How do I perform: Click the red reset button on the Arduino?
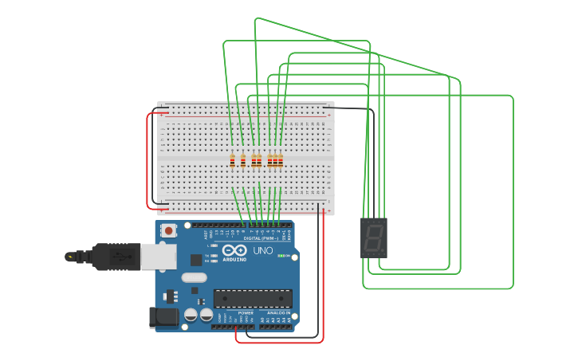point(168,230)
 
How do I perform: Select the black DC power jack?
point(165,316)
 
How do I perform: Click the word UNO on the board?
point(262,251)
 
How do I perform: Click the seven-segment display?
point(373,237)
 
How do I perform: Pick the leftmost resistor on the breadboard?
point(232,161)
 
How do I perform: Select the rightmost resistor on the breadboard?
point(281,161)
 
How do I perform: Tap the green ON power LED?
point(282,256)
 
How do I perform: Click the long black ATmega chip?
point(252,299)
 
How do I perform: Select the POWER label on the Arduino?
point(245,313)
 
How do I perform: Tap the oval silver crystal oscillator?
point(194,277)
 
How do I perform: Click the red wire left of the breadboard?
point(147,159)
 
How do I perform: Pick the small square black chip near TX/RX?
point(196,260)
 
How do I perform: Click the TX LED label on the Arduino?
point(206,255)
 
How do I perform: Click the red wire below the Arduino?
point(279,342)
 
